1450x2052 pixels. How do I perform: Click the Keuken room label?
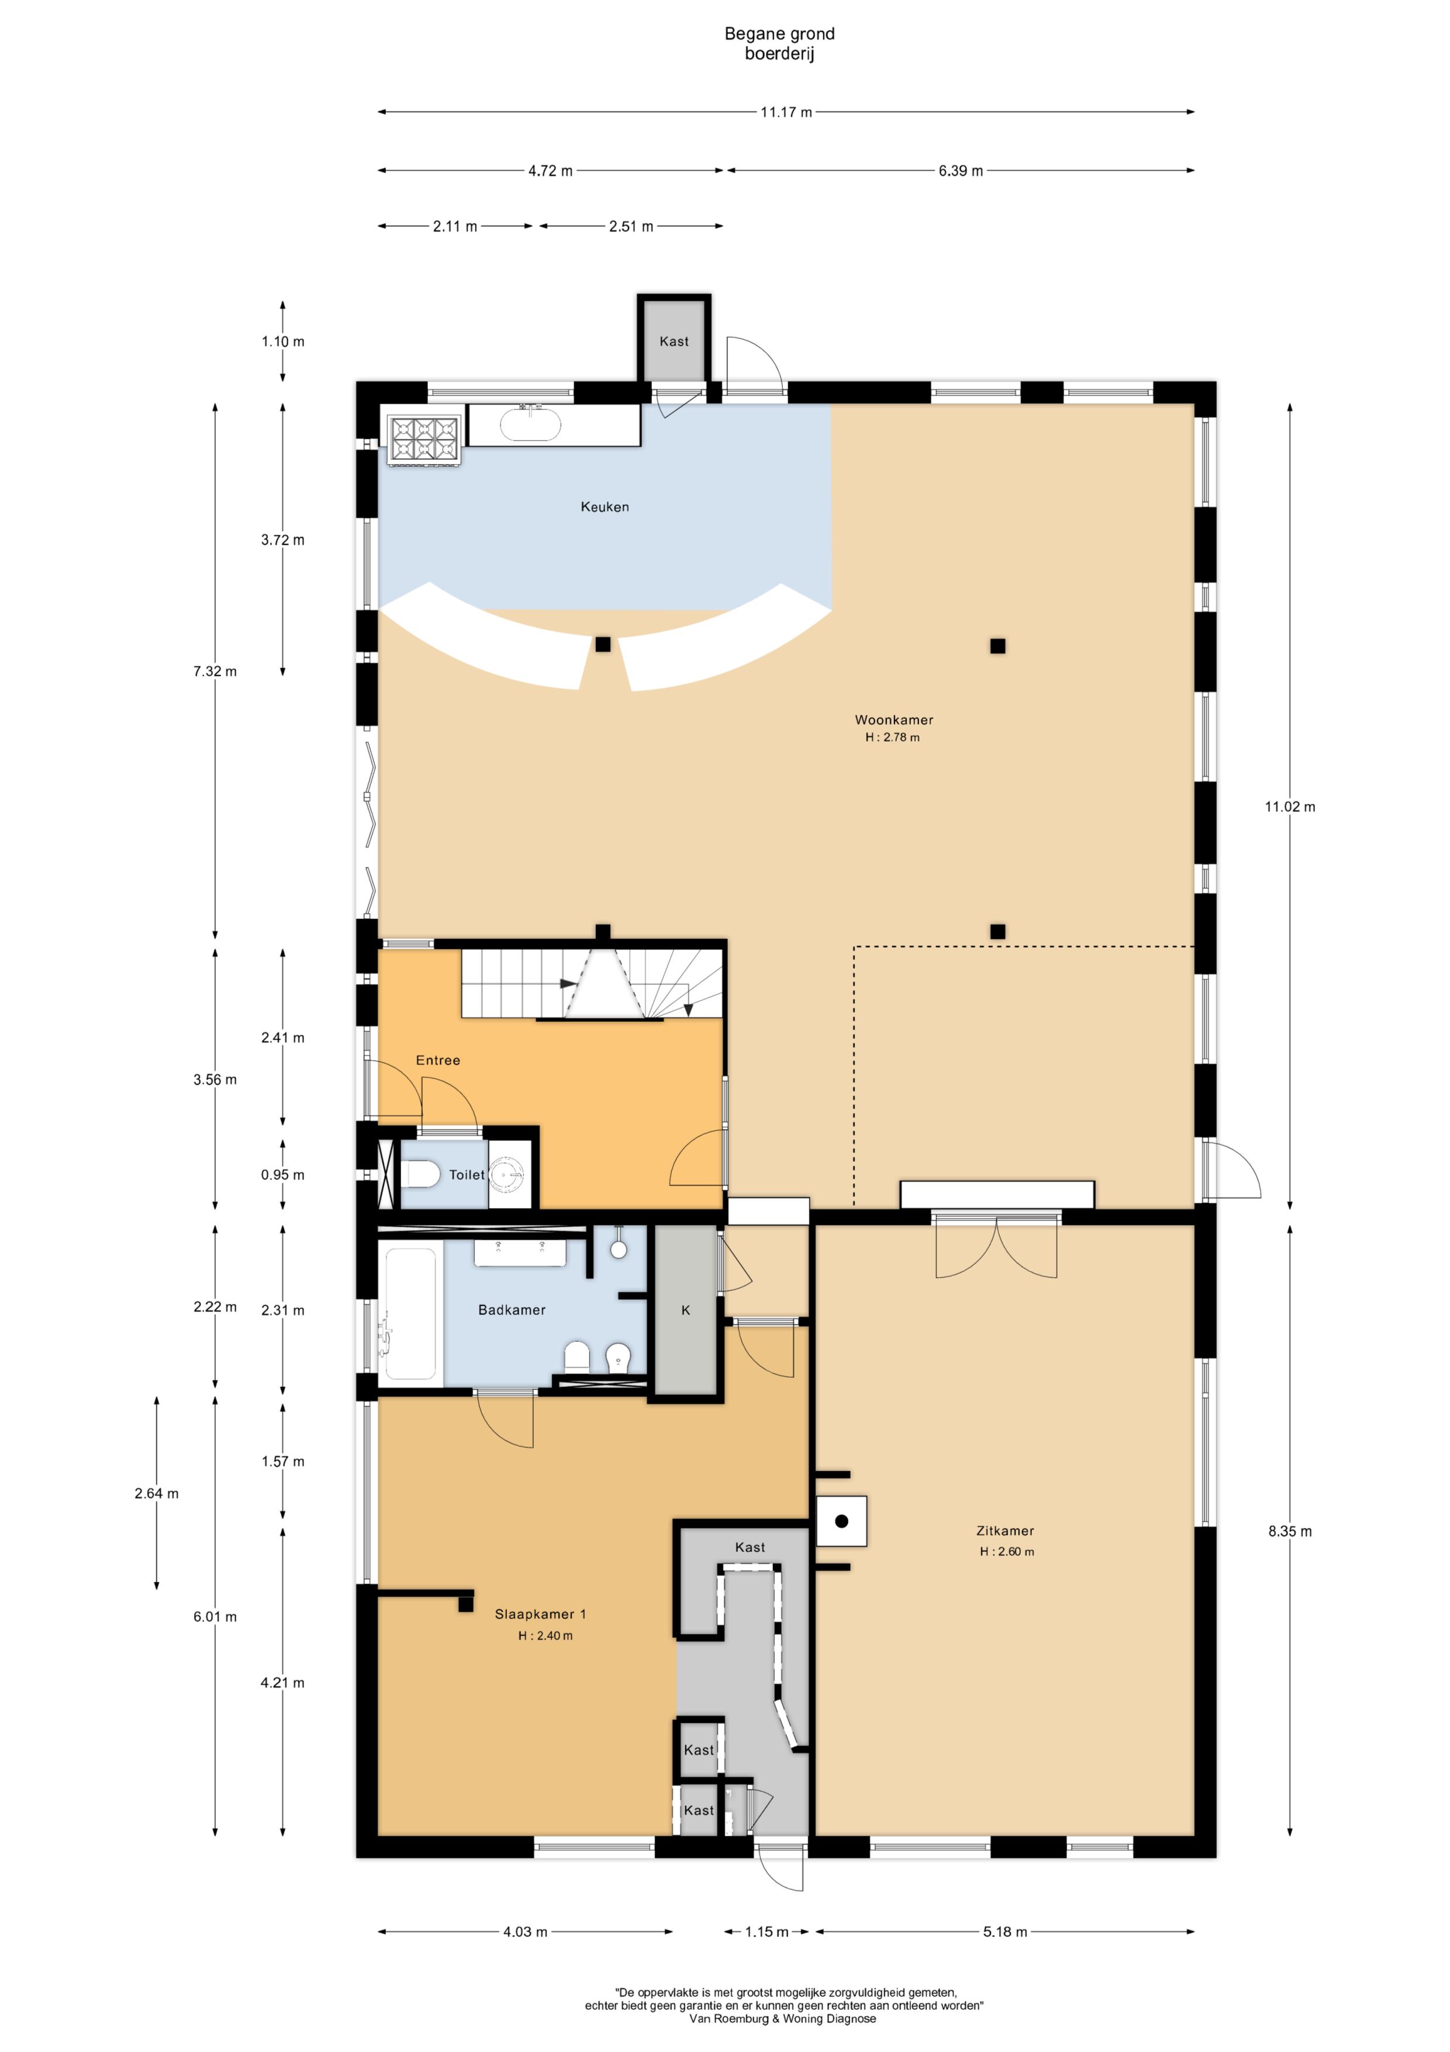(605, 507)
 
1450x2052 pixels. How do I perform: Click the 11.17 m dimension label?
(786, 112)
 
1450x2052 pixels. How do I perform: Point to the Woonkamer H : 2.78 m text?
(893, 728)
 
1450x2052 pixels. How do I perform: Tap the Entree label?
(438, 1060)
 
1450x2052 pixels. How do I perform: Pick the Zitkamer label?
(1005, 1531)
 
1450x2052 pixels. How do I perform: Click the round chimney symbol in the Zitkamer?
(841, 1520)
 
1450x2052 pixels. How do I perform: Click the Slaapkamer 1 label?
(540, 1614)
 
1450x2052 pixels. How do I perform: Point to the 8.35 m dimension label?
(1289, 1531)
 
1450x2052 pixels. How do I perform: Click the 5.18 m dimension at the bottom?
(1005, 1932)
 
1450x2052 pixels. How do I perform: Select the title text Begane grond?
(779, 34)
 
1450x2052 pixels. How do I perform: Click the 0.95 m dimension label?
(282, 1175)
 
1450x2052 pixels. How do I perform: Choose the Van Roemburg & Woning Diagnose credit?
(783, 2018)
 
